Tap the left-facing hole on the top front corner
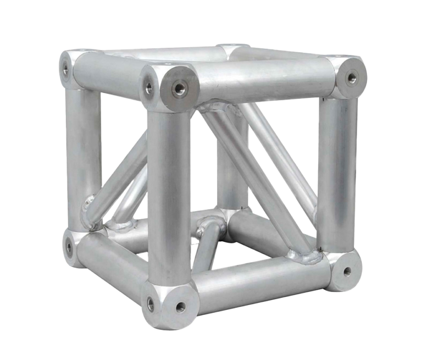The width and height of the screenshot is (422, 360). [x=148, y=86]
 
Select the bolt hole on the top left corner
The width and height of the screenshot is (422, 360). [x=66, y=70]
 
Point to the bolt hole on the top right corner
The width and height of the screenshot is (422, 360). [x=352, y=78]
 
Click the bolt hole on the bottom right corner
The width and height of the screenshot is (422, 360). [x=347, y=270]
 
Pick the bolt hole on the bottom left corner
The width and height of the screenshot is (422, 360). [x=69, y=247]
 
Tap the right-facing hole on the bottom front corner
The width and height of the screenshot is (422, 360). [x=180, y=307]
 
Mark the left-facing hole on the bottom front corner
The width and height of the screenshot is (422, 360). [x=151, y=302]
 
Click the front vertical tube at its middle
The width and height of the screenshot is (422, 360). [x=169, y=198]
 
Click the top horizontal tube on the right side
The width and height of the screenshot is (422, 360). [x=264, y=80]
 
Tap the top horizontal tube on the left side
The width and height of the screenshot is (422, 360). [x=107, y=74]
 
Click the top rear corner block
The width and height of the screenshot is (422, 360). [x=234, y=51]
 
